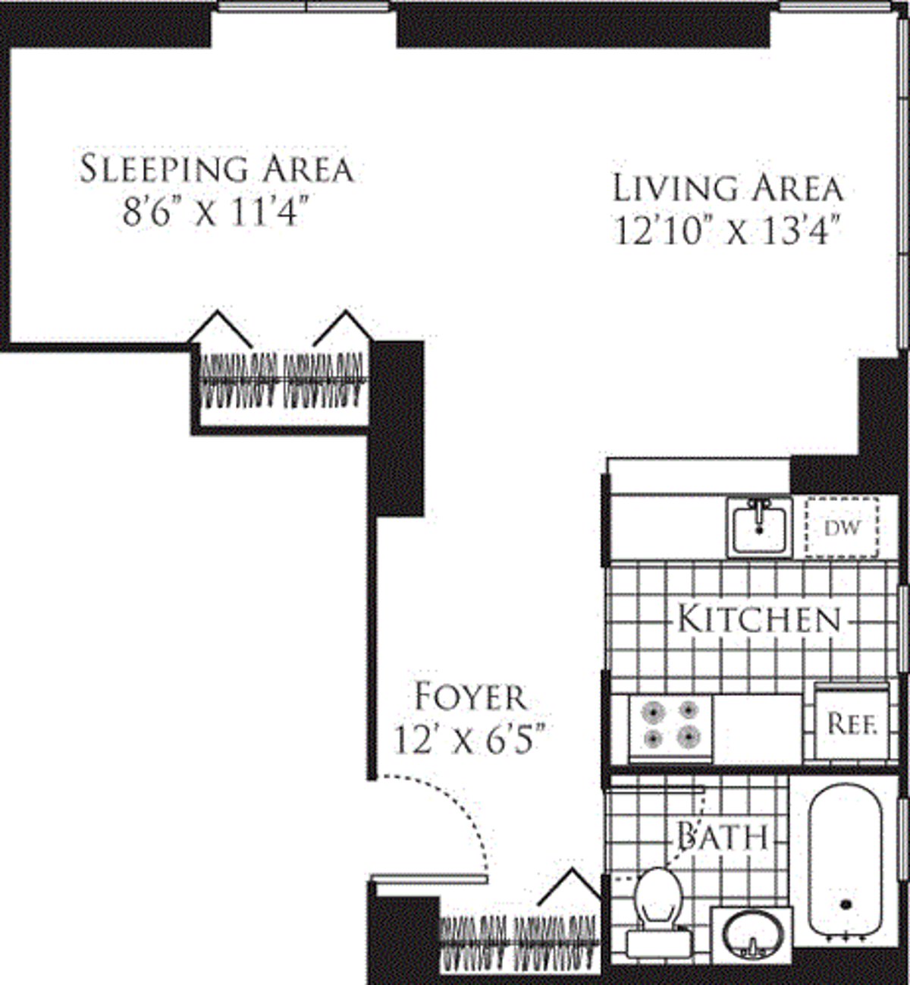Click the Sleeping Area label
217,168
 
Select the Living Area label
727,188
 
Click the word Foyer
469,697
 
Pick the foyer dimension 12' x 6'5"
469,739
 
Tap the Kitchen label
759,619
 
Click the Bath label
722,837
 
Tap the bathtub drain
847,905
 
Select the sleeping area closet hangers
282,380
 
